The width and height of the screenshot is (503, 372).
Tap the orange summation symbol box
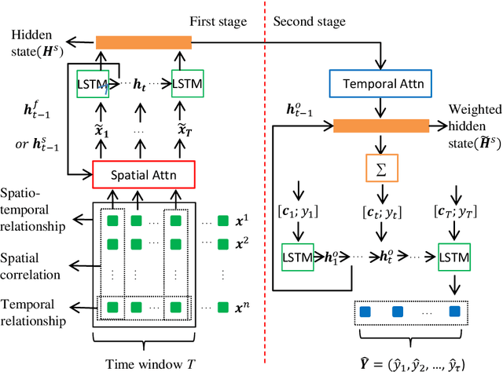[380, 167]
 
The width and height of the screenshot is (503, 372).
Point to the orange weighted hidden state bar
[381, 126]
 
